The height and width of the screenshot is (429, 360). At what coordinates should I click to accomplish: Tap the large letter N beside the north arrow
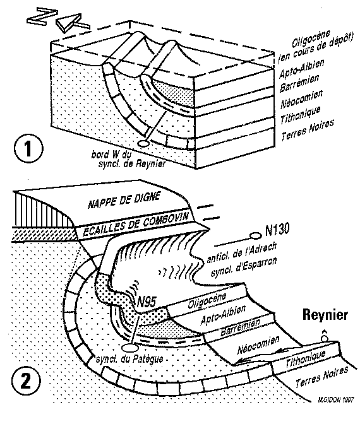42,16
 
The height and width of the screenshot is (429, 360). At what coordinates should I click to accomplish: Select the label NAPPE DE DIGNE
124,200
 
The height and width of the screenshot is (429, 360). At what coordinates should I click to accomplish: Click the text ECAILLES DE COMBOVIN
136,225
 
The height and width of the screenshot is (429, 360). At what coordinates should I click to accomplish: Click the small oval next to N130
255,235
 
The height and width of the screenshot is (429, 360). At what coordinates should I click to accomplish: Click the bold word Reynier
325,315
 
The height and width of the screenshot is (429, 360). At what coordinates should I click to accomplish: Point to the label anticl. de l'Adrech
241,252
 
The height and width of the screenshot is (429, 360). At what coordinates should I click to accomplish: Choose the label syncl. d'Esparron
244,267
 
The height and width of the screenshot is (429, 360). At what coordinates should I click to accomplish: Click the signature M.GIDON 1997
336,400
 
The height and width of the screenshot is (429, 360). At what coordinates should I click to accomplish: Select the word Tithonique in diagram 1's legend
300,115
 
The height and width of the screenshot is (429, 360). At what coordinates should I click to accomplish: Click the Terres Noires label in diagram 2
321,377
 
